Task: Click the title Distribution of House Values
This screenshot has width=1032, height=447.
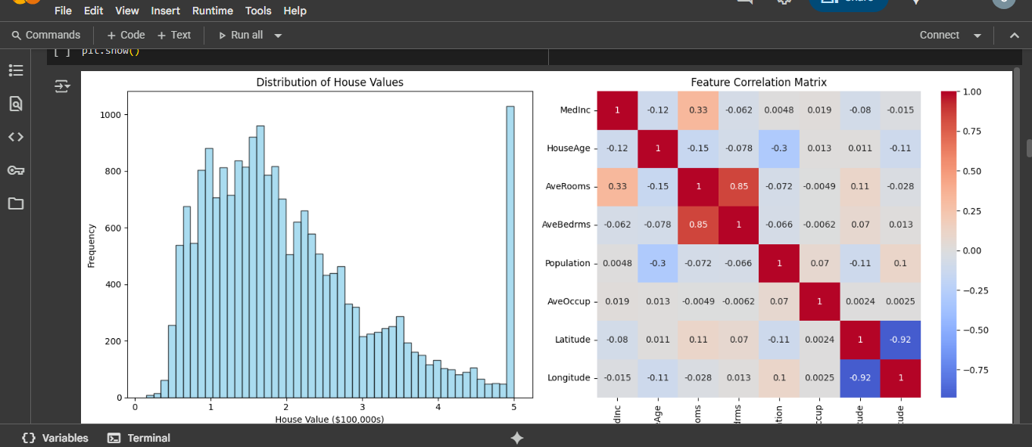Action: [329, 82]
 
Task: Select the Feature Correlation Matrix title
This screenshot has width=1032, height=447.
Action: [759, 82]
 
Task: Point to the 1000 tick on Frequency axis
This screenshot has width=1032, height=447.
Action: [111, 115]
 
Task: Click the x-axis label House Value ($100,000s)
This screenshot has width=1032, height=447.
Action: [329, 419]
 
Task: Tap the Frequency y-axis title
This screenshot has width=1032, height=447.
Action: [92, 246]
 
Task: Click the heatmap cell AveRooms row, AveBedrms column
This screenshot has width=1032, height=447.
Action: [738, 186]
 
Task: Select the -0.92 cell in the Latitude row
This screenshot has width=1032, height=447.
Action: [900, 340]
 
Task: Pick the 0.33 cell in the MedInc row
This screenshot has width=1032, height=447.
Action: [698, 110]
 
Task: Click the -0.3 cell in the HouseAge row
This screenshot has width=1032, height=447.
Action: [779, 148]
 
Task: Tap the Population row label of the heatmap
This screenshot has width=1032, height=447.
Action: [567, 263]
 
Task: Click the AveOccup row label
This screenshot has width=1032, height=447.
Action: [568, 301]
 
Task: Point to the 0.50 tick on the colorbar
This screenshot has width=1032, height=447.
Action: [971, 171]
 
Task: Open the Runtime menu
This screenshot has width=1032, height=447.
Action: [212, 11]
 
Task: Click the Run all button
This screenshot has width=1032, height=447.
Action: [242, 35]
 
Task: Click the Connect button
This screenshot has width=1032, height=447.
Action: [940, 35]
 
